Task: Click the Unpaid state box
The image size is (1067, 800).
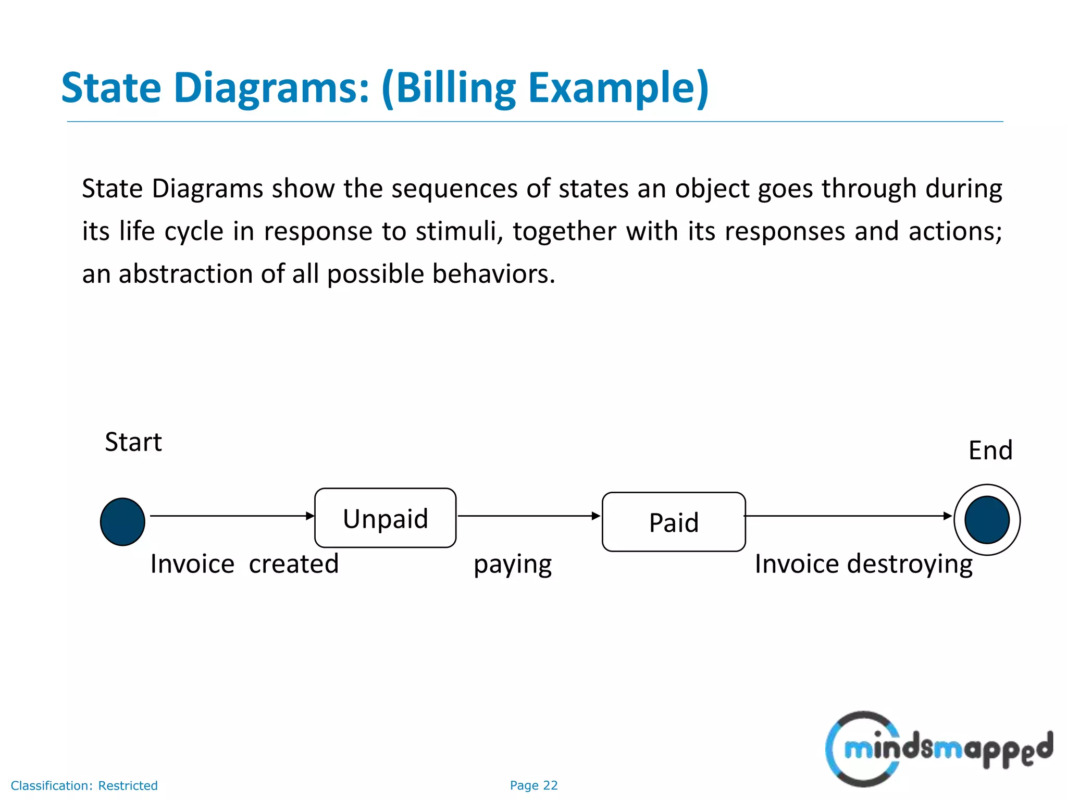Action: pyautogui.click(x=385, y=518)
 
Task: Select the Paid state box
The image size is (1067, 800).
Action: pyautogui.click(x=674, y=522)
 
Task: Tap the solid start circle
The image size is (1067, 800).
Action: pyautogui.click(x=122, y=522)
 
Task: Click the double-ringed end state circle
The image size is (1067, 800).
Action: pyautogui.click(x=987, y=520)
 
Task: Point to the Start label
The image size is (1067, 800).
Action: pyautogui.click(x=133, y=442)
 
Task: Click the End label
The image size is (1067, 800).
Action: pyautogui.click(x=990, y=451)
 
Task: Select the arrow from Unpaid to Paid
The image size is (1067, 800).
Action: pyautogui.click(x=528, y=516)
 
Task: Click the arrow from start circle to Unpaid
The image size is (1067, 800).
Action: pyautogui.click(x=232, y=516)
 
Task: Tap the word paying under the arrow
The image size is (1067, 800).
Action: pyautogui.click(x=513, y=565)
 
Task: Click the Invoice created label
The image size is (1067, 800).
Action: pyautogui.click(x=244, y=564)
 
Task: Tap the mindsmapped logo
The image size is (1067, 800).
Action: pyautogui.click(x=938, y=749)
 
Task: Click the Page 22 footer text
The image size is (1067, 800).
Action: pyautogui.click(x=533, y=785)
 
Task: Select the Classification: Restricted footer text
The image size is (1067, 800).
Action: pyautogui.click(x=84, y=785)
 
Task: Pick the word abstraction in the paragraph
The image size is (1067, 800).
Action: pyautogui.click(x=185, y=274)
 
